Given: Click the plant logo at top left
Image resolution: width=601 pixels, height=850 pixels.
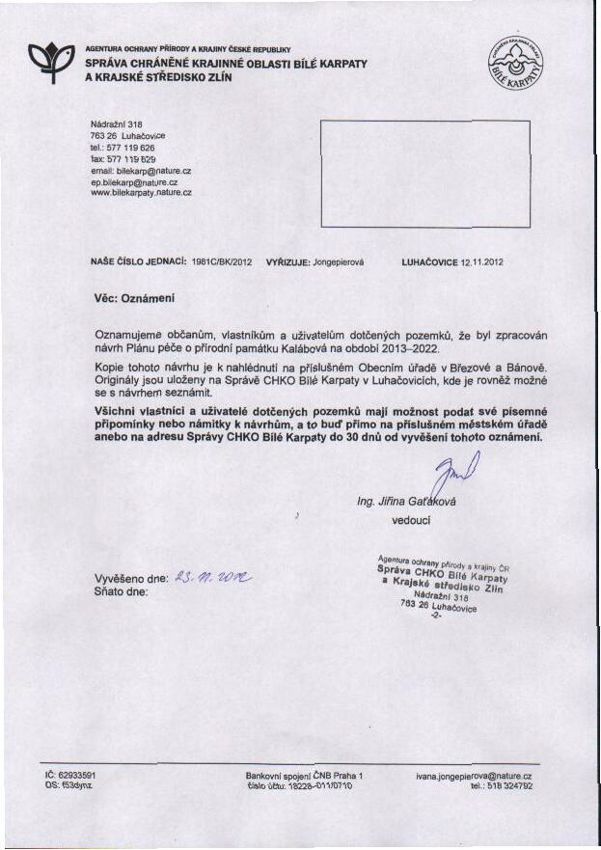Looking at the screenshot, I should (50, 61).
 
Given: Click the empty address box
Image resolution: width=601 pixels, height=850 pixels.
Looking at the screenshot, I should (424, 174).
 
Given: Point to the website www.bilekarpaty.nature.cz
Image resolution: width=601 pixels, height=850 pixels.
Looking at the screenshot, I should (141, 192).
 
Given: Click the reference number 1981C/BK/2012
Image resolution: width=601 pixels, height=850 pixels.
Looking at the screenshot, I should (222, 261).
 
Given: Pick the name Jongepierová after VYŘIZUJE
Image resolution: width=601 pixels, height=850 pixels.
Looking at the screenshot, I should (338, 261).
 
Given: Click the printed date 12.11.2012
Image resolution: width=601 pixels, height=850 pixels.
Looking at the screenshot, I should (482, 261).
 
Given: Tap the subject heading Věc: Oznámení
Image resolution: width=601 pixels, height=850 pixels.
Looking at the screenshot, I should (134, 298).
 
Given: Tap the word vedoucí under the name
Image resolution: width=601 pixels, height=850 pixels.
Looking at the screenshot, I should (411, 520).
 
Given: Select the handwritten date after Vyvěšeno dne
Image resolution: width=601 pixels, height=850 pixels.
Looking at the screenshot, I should (211, 578).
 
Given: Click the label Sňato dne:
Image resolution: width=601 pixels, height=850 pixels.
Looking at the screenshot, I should (121, 592).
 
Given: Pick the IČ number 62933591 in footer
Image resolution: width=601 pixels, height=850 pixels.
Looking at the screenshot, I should (75, 775).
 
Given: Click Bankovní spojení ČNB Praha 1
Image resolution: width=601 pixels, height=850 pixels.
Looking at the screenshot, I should (304, 775).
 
